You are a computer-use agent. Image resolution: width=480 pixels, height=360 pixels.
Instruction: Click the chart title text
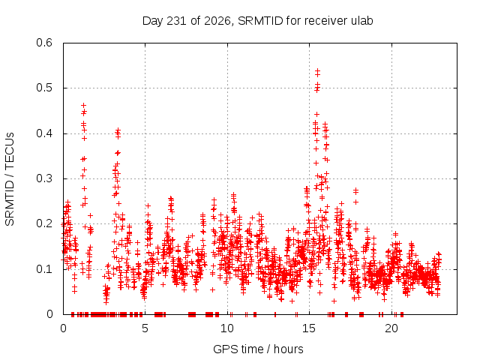pos(257,21)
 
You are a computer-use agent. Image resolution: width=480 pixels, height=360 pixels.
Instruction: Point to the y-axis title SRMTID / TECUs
pos(10,179)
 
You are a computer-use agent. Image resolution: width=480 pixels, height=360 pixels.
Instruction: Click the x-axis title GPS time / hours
pos(258,349)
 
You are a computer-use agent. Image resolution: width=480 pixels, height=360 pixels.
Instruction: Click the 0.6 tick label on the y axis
pos(44,43)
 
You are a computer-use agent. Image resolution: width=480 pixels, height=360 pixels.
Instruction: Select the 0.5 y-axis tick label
pos(44,88)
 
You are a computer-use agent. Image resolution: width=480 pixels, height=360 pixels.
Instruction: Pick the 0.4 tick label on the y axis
pos(44,133)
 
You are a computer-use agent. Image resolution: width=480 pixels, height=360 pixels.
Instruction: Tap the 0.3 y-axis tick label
pos(44,178)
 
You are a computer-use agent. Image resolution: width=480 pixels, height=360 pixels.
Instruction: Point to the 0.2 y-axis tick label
pos(44,223)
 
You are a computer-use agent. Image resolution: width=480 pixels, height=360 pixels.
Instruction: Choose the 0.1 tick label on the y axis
pos(44,269)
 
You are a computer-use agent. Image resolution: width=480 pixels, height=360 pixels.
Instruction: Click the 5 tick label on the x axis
pos(145,328)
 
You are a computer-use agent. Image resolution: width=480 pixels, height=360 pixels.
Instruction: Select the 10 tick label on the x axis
pos(227,328)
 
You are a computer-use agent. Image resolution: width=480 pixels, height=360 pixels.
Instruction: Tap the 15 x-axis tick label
pos(309,328)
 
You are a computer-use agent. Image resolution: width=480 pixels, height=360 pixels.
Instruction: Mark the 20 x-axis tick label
pos(391,328)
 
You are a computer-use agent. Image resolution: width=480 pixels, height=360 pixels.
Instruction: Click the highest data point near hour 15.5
pos(318,70)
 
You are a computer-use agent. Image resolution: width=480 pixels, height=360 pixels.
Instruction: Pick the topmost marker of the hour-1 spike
pos(83,105)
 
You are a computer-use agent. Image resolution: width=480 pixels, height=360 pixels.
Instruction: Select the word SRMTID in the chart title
pos(260,21)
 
